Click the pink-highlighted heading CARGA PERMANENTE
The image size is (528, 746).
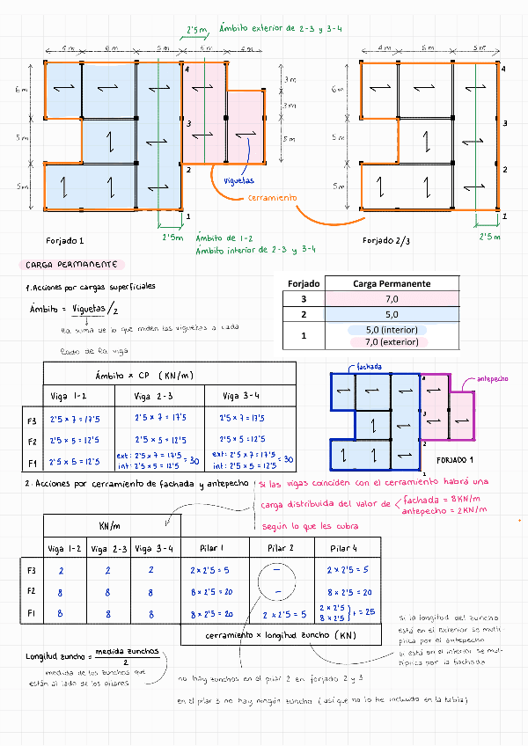point(73,264)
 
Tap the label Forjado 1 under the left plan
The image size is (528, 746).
point(65,240)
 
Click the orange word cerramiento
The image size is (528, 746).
point(270,199)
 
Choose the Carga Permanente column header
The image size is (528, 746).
point(392,283)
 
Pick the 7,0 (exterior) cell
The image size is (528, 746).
point(392,342)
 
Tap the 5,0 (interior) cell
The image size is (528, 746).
point(392,330)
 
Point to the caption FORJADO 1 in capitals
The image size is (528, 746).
point(458,460)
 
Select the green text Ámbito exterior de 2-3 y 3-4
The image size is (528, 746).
point(281,29)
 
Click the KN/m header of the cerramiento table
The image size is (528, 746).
point(111,525)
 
